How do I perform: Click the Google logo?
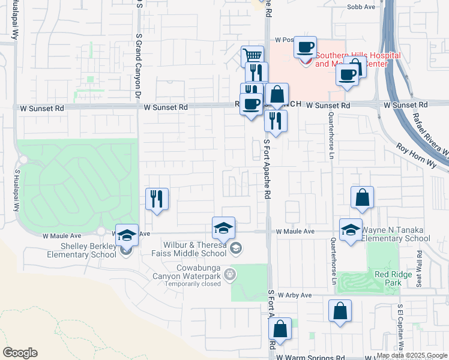(x=20, y=353)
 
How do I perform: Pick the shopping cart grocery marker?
(x=253, y=56)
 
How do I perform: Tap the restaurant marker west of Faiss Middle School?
(x=157, y=199)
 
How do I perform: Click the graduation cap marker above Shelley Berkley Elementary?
(x=127, y=235)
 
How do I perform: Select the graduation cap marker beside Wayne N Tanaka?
(x=351, y=229)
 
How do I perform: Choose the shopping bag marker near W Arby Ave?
(x=340, y=310)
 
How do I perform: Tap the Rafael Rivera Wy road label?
(x=430, y=136)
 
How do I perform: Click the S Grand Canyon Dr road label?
(x=138, y=66)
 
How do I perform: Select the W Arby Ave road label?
(x=294, y=295)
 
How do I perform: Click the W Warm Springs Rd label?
(x=311, y=356)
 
